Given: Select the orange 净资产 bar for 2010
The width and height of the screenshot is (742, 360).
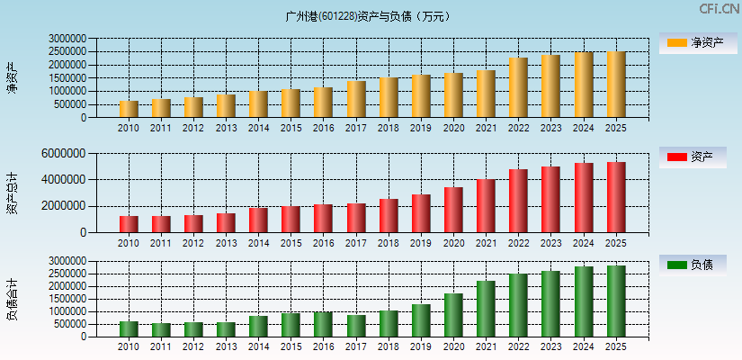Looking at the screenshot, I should (129, 109).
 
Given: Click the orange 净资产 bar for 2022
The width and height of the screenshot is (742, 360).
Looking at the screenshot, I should (518, 87).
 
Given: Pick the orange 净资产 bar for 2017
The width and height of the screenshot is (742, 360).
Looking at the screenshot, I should (356, 99).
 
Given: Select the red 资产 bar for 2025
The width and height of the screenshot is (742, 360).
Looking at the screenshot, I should (616, 197).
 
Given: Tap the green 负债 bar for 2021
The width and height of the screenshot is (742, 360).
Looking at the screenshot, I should (486, 309).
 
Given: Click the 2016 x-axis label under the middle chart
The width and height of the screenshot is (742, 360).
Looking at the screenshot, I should (323, 243).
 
